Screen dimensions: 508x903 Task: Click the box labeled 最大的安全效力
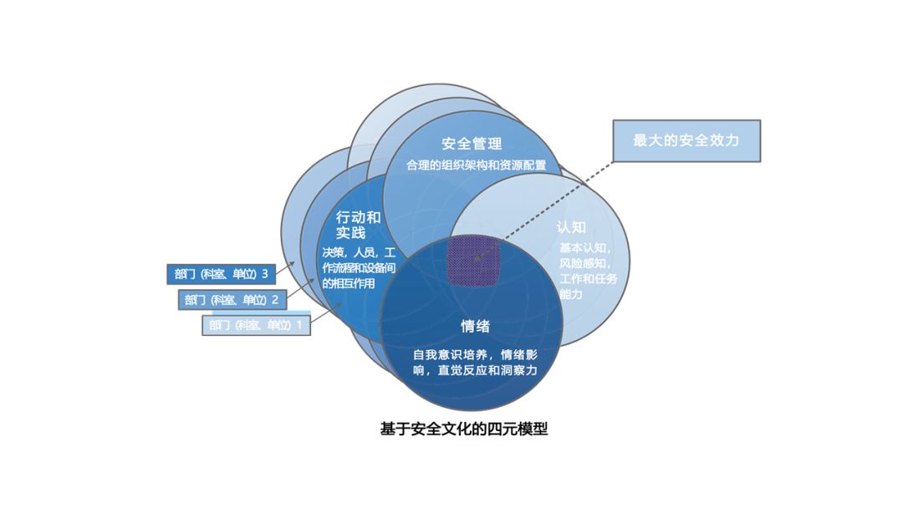coord(686,140)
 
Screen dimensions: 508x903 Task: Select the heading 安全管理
coord(472,144)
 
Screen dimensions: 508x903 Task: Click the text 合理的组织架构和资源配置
coord(476,165)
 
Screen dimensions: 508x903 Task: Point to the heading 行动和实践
coord(357,224)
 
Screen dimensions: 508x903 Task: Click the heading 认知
coord(571,226)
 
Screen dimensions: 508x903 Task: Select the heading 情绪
coord(475,325)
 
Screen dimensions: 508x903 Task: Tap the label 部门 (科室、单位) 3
coord(222,273)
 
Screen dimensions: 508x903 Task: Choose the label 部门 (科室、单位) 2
coord(233,299)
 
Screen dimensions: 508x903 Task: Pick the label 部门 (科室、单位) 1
coord(256,324)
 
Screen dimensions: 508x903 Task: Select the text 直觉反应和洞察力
coord(487,369)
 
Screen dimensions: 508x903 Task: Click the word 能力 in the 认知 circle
coord(571,294)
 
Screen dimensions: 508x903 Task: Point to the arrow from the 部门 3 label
coord(288,267)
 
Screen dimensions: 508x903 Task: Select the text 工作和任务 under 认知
coord(589,278)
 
